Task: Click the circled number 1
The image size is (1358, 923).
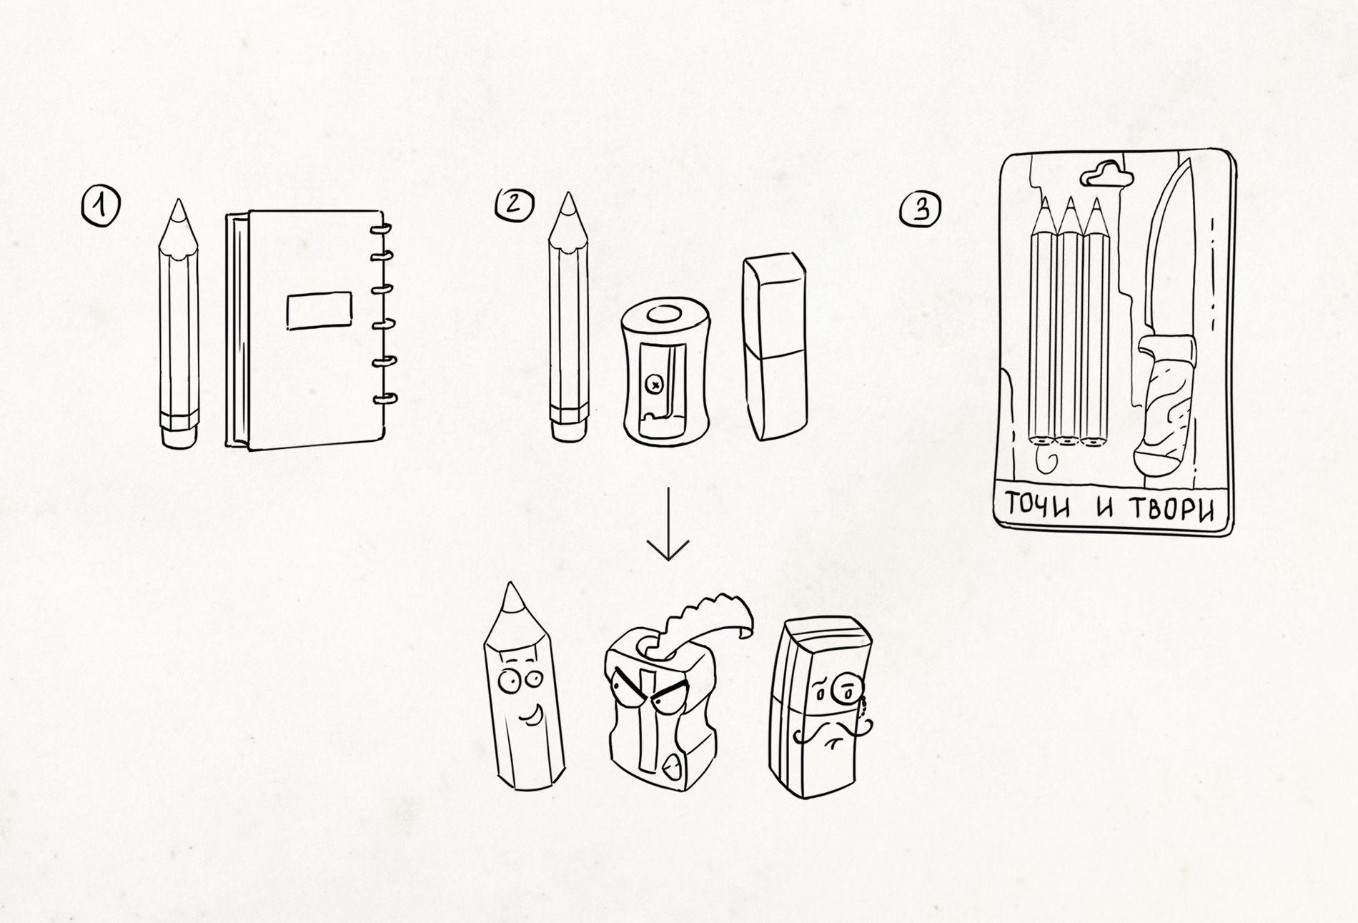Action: [x=100, y=206]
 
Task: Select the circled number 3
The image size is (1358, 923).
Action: [x=921, y=209]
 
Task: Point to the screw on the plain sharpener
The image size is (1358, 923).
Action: [x=653, y=384]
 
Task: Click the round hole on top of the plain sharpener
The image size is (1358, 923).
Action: [x=666, y=315]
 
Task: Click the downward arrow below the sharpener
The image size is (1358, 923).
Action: [x=668, y=524]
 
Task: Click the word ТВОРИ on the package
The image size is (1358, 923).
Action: [x=1172, y=509]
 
